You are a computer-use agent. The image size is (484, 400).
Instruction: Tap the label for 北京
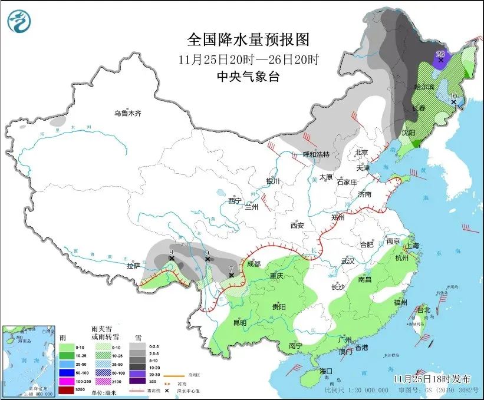pyautogui.click(x=362, y=152)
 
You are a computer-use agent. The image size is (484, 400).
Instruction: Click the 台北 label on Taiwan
pyautogui.click(x=424, y=309)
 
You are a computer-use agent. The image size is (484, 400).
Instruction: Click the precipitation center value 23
pyautogui.click(x=440, y=54)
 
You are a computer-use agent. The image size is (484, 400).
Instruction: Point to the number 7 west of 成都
pyautogui.click(x=231, y=268)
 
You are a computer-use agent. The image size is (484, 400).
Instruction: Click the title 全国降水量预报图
pyautogui.click(x=248, y=39)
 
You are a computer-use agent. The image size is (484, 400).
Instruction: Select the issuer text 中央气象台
pyautogui.click(x=248, y=76)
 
